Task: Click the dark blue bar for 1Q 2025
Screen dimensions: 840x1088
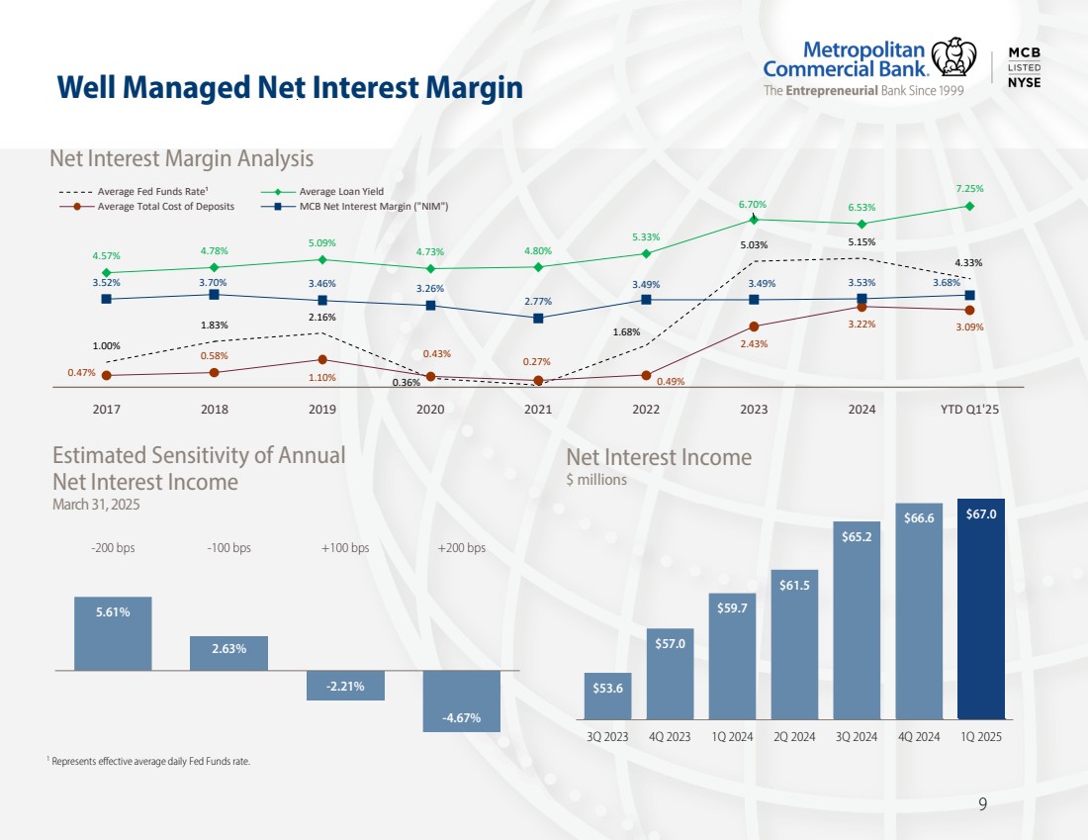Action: pyautogui.click(x=981, y=608)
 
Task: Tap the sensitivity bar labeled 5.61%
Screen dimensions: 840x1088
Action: pyautogui.click(x=113, y=632)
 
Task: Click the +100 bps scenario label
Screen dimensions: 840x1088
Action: pyautogui.click(x=345, y=548)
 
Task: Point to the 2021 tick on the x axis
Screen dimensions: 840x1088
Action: pyautogui.click(x=538, y=409)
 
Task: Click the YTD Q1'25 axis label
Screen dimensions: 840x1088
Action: pyautogui.click(x=970, y=409)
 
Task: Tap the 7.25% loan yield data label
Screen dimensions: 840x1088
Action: pyautogui.click(x=969, y=188)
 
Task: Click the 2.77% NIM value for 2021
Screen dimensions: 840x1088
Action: pyautogui.click(x=538, y=301)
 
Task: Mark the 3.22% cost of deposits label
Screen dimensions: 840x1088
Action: pyautogui.click(x=861, y=324)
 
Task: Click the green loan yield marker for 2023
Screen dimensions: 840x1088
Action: pyautogui.click(x=754, y=220)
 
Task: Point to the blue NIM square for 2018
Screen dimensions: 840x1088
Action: pyautogui.click(x=214, y=294)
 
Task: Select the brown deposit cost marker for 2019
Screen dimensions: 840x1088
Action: pyautogui.click(x=322, y=360)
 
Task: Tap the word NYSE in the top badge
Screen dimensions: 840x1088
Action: pyautogui.click(x=1024, y=82)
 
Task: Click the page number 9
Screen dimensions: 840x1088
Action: pyautogui.click(x=982, y=803)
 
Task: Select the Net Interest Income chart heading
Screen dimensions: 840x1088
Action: pyautogui.click(x=659, y=457)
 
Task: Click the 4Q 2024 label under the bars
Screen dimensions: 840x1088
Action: pyautogui.click(x=919, y=736)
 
